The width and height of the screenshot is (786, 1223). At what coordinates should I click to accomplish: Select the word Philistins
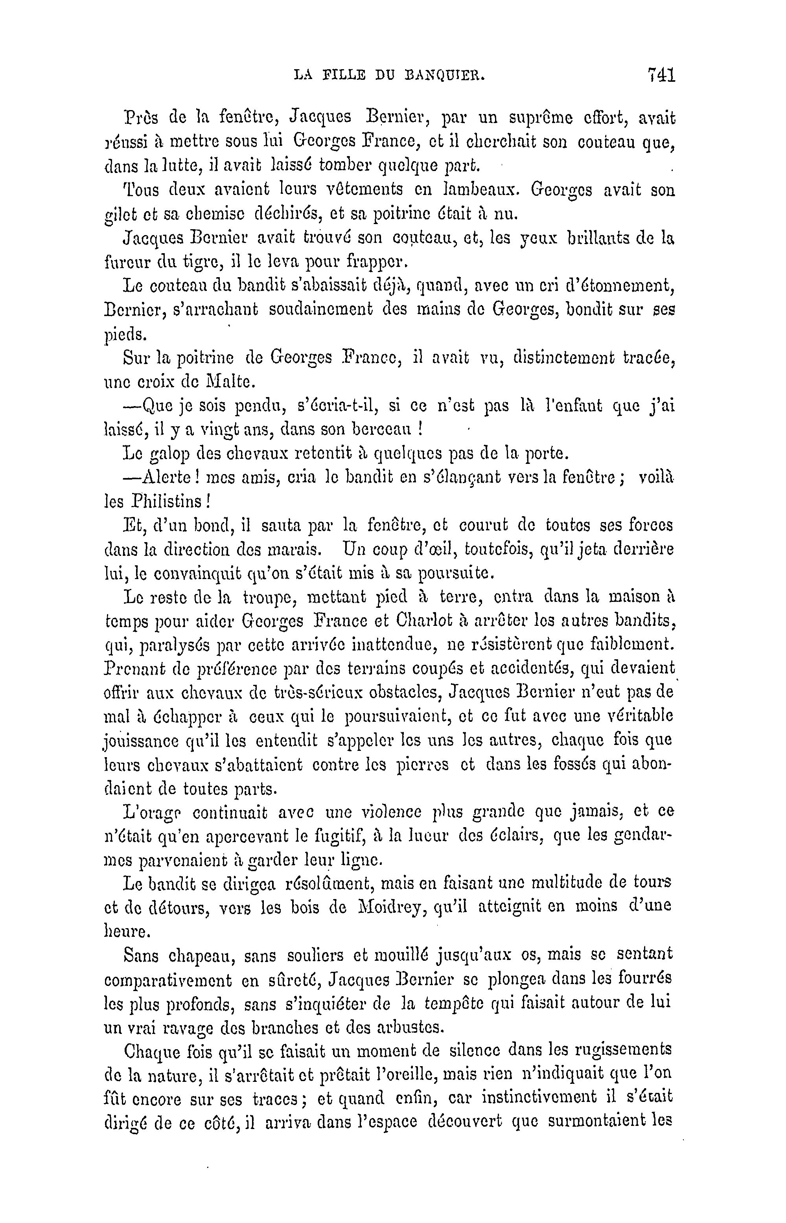[x=167, y=502]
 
